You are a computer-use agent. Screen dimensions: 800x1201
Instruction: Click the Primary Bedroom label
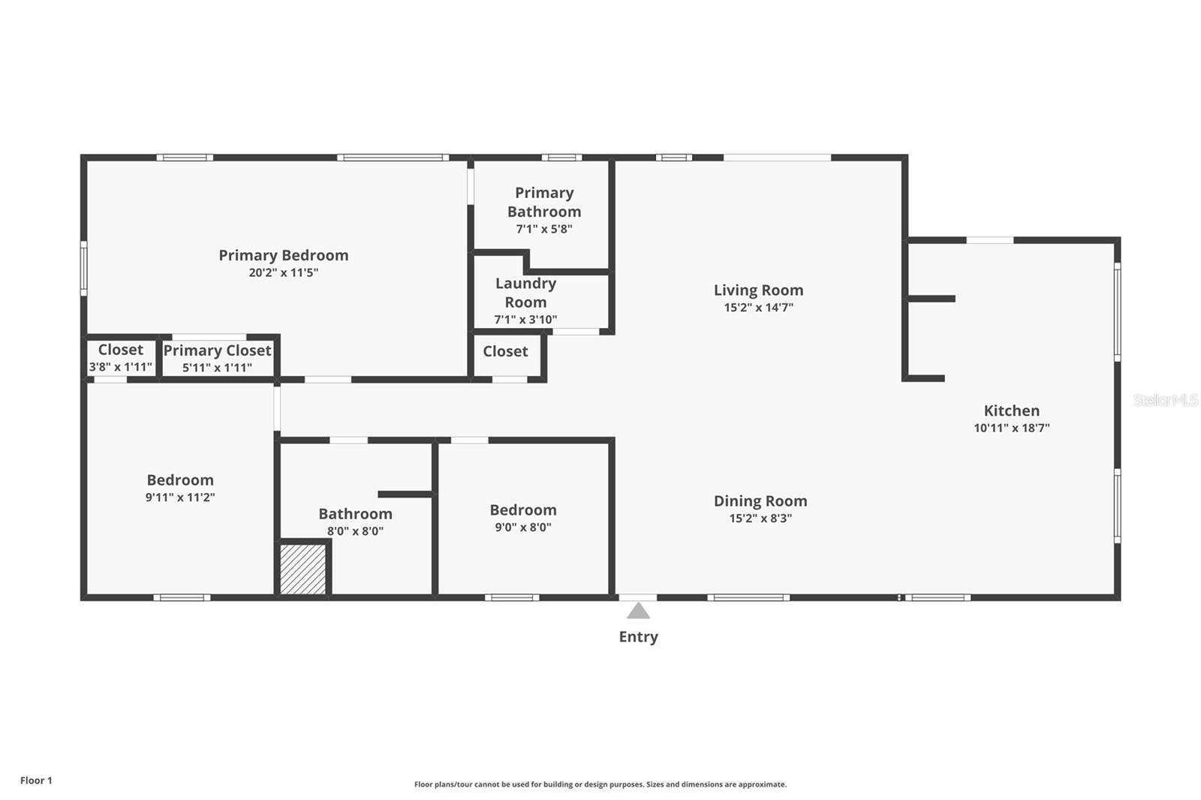(x=283, y=255)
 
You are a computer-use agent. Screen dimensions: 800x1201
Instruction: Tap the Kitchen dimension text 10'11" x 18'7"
(x=1011, y=428)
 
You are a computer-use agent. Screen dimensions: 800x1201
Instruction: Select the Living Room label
(x=758, y=290)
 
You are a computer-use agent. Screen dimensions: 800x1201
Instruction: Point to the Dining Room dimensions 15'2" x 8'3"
(x=760, y=518)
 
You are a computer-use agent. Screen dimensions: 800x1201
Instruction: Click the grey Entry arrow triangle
(x=638, y=611)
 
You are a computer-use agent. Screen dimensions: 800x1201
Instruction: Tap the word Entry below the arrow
(x=638, y=636)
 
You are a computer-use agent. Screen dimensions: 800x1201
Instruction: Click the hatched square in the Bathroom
(x=303, y=570)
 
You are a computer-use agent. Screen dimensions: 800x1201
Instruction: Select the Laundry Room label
(x=525, y=293)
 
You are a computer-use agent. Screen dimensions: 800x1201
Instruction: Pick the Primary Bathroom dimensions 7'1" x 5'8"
(x=543, y=229)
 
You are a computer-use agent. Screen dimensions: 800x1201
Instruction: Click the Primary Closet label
(x=217, y=350)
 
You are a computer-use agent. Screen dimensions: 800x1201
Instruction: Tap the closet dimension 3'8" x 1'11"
(x=120, y=367)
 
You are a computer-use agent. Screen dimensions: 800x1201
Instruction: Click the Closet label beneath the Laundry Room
(x=505, y=351)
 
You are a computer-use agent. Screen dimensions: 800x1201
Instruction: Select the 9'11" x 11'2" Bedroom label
(x=180, y=480)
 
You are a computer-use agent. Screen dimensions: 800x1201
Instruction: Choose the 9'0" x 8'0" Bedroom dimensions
(x=522, y=527)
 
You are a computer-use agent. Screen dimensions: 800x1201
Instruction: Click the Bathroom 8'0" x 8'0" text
(x=355, y=531)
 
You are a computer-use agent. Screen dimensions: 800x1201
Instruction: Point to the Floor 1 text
(x=36, y=780)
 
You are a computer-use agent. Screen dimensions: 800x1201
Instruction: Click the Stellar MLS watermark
(x=1165, y=400)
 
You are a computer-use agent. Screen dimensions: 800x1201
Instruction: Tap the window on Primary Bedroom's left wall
(x=84, y=268)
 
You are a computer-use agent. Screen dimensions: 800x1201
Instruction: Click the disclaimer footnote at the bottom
(x=600, y=784)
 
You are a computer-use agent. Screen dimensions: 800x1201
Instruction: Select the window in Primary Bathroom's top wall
(x=561, y=158)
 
